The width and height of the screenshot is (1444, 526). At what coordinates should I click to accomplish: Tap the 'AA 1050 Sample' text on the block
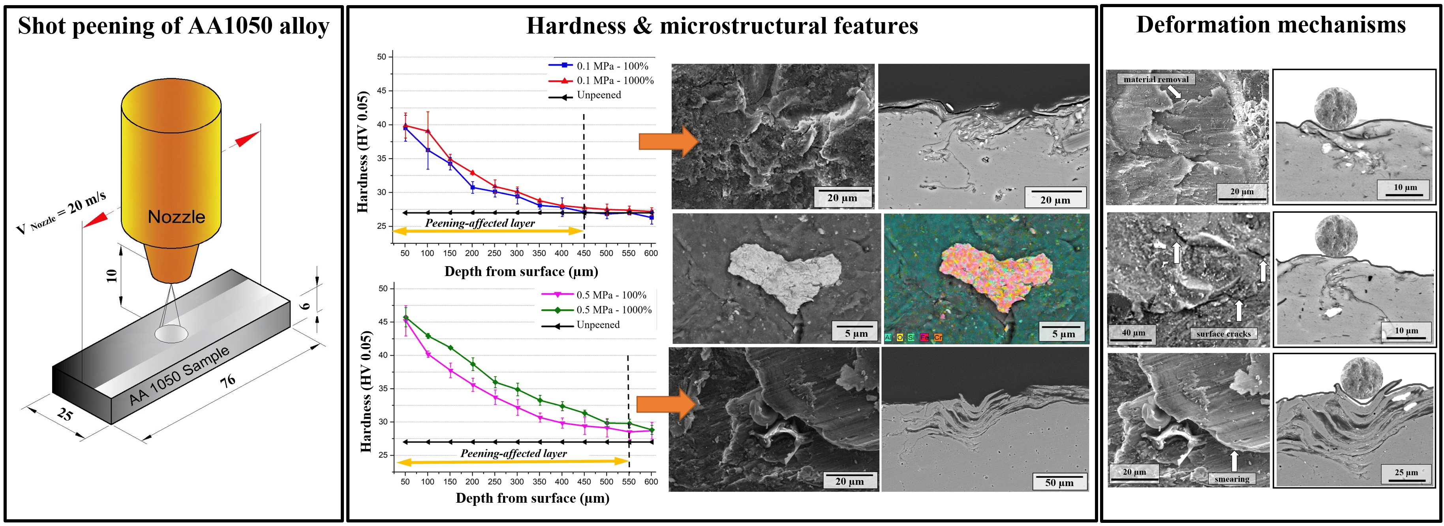coord(179,375)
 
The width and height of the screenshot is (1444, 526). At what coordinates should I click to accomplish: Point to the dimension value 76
coord(227,382)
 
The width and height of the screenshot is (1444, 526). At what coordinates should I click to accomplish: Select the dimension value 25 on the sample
coord(64,414)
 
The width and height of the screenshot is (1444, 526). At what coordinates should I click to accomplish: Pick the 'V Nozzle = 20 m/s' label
coord(61,213)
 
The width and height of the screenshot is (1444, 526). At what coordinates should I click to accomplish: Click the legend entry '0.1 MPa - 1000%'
coord(615,81)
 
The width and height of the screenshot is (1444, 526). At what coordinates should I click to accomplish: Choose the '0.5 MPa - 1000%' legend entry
coord(614,310)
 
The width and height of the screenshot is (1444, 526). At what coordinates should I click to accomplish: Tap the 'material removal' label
coord(1156,79)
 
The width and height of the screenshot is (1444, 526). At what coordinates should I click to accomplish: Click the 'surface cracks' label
coord(1224,334)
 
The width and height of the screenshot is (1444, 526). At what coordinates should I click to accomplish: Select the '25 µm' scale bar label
coord(1406,472)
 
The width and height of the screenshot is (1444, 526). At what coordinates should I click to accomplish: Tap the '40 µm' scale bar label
coord(1134,333)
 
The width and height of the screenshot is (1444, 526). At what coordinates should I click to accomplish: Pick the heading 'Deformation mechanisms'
coord(1271,24)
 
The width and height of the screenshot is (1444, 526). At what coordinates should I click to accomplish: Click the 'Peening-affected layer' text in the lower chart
coord(513,453)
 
